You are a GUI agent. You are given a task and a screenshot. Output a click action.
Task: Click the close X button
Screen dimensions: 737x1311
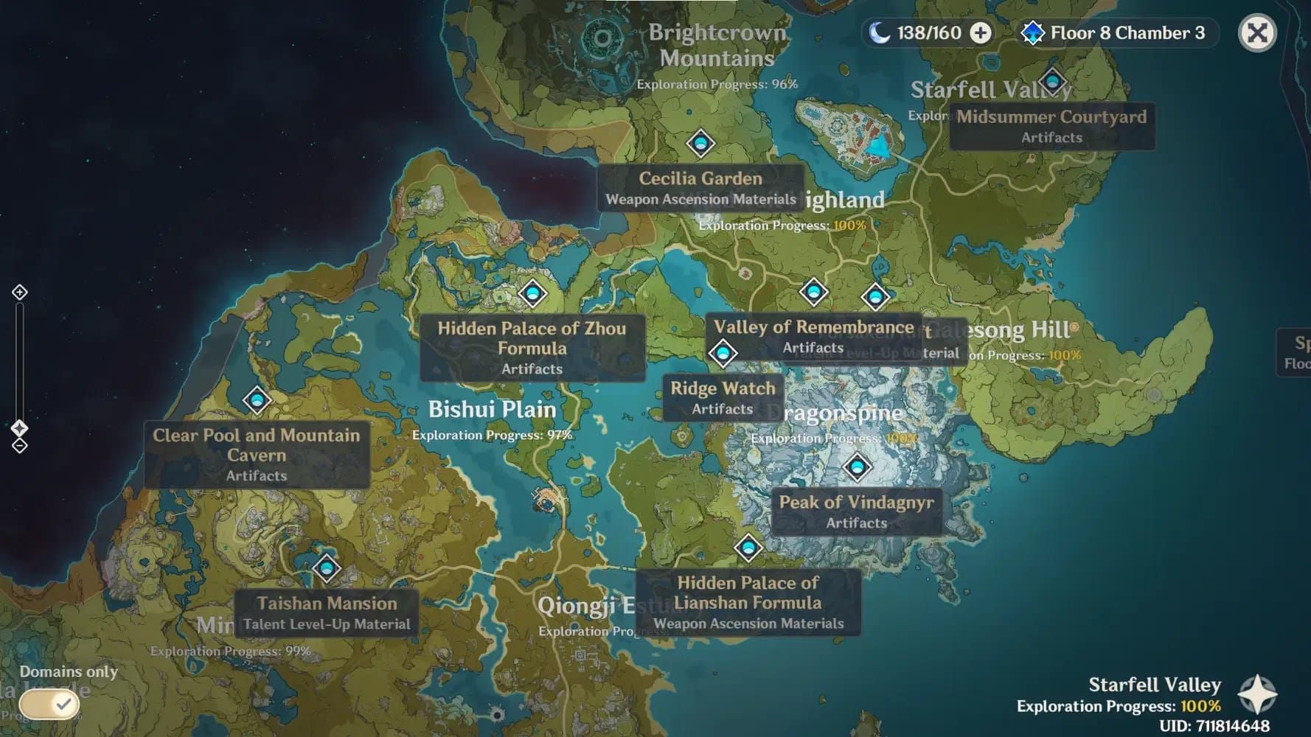1257,33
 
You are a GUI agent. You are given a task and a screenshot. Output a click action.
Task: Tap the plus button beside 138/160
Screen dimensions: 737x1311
981,33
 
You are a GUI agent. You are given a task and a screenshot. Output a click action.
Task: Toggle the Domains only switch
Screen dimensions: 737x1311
49,705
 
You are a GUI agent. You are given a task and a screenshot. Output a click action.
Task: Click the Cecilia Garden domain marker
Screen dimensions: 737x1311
700,143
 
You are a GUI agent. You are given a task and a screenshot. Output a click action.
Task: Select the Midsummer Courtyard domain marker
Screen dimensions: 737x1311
1052,81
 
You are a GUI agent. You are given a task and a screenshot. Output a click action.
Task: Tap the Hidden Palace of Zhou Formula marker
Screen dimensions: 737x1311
532,293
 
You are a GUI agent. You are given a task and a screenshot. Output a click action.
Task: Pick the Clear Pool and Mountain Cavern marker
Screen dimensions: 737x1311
257,400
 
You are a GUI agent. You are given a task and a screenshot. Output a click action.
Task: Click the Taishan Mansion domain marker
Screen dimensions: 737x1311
327,568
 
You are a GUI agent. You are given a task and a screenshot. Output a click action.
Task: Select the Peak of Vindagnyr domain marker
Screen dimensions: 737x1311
857,467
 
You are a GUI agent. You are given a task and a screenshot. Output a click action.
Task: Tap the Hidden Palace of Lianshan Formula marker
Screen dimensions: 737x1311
748,548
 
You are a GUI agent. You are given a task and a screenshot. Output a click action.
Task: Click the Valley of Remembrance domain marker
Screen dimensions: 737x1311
813,293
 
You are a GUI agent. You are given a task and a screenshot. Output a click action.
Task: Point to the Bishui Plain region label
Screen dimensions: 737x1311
492,410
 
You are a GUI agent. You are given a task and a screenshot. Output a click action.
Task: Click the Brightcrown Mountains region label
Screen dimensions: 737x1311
717,45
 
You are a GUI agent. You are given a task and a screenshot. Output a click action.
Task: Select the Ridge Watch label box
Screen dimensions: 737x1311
723,397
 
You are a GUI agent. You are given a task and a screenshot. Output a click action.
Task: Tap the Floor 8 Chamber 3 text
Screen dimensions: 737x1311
1127,33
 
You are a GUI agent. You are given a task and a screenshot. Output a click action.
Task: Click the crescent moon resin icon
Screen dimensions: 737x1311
878,33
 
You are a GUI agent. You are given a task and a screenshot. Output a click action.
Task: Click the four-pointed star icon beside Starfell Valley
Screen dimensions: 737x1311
1257,694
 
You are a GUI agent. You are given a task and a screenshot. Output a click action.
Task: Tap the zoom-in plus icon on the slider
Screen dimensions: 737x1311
20,293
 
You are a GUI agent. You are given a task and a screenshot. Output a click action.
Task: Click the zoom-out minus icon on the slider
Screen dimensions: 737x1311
20,446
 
